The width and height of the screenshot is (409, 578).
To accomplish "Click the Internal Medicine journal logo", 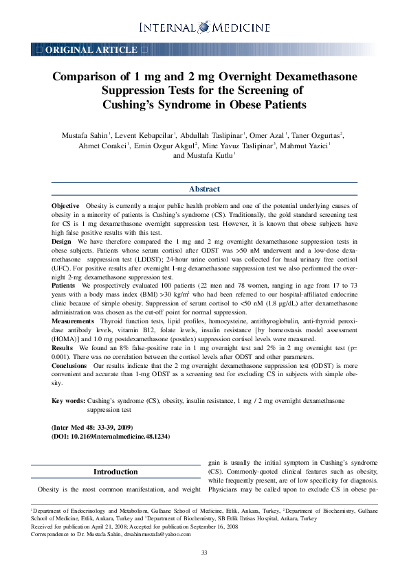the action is click(204, 27).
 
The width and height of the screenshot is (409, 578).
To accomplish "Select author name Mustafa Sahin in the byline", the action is click(80, 135).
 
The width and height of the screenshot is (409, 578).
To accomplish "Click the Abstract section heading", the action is click(204, 189).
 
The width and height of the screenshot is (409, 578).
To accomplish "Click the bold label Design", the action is click(61, 242).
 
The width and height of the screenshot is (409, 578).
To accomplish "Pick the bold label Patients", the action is click(64, 284).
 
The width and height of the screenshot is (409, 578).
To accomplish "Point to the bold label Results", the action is click(63, 348).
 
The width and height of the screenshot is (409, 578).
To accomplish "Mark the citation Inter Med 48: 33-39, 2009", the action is click(102, 427).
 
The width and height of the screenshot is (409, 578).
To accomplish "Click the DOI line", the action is click(110, 436).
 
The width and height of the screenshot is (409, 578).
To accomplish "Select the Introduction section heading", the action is click(115, 472).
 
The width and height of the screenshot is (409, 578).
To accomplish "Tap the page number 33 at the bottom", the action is click(204, 553).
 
